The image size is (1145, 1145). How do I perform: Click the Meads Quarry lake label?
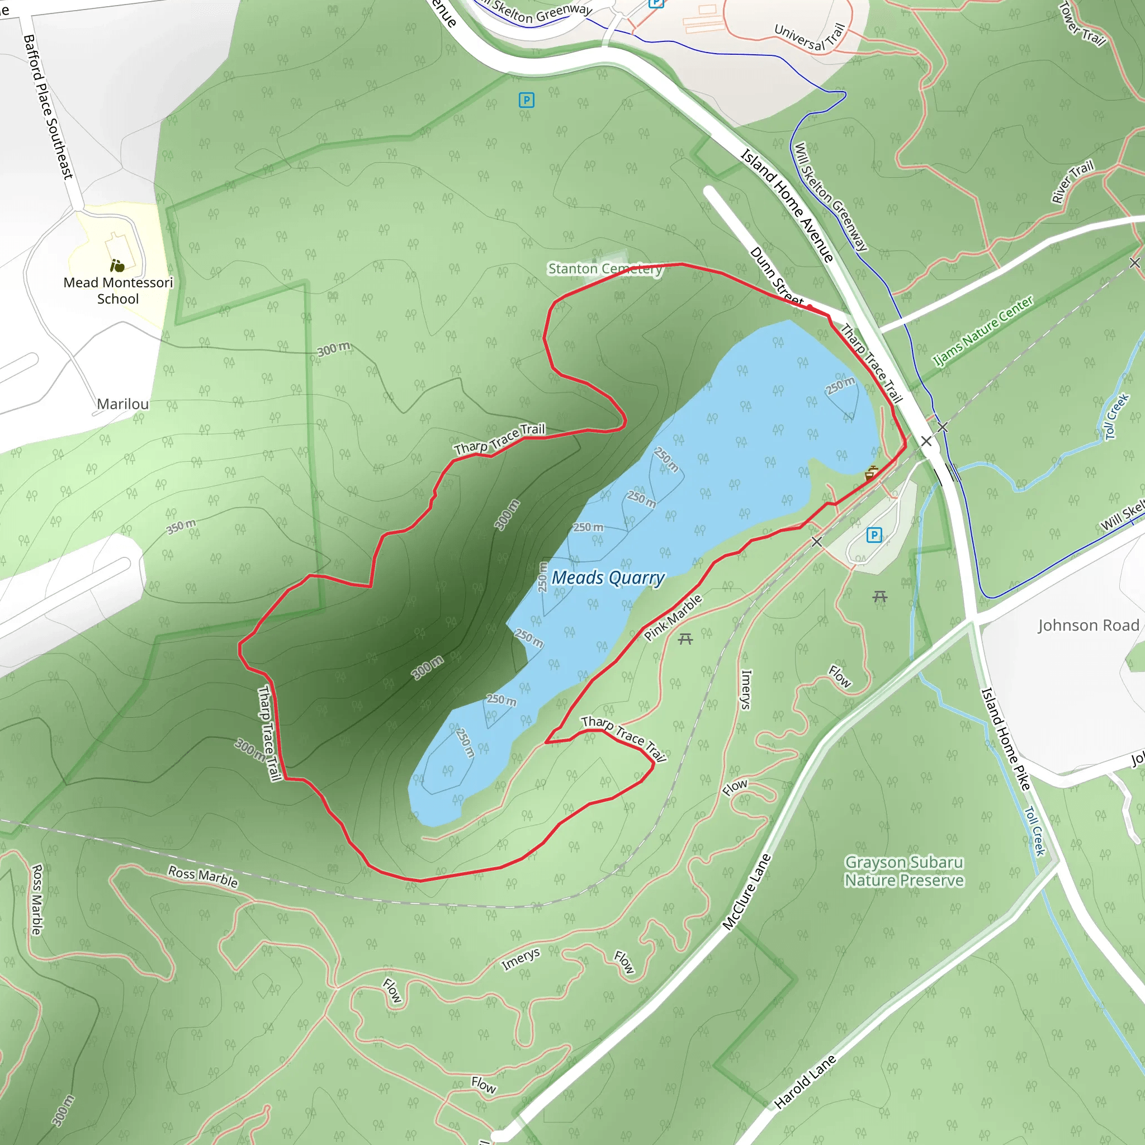(608, 578)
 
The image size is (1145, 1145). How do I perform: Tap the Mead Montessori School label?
(118, 290)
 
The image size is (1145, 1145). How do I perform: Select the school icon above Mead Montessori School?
(117, 266)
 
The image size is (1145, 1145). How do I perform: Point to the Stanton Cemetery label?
(605, 269)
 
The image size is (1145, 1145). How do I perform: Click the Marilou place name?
(122, 404)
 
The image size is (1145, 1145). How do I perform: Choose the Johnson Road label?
(1088, 625)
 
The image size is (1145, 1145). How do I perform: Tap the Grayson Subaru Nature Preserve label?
(904, 871)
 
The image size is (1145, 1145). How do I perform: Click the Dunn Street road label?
(777, 277)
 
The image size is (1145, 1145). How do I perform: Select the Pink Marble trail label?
(673, 618)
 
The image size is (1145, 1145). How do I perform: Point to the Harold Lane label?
(805, 1082)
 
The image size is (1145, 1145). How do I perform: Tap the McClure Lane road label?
(747, 891)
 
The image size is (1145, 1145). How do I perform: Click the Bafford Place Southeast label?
(49, 107)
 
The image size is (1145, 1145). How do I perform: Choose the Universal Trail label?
(809, 37)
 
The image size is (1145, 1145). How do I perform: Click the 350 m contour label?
(181, 526)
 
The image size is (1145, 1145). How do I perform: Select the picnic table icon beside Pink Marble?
(685, 639)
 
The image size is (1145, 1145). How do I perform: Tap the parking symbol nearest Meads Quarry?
(874, 535)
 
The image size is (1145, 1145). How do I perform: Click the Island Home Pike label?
(1006, 739)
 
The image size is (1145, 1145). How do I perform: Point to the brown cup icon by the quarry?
(870, 474)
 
